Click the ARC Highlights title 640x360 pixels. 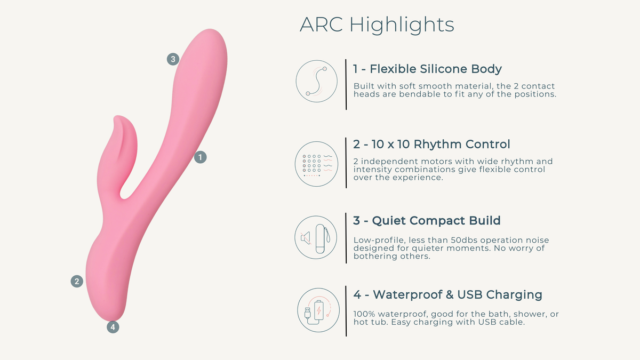click(x=377, y=25)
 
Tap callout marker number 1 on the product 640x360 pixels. click(x=201, y=157)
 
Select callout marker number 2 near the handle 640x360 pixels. click(x=77, y=282)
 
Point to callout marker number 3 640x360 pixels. click(x=173, y=59)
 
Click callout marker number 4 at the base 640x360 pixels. click(x=113, y=327)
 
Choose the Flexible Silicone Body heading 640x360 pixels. click(x=427, y=69)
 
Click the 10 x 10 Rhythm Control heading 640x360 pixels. click(x=431, y=145)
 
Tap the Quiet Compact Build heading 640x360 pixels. click(x=427, y=221)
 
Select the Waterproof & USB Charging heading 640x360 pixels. click(x=447, y=295)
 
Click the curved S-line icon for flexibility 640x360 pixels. click(x=317, y=81)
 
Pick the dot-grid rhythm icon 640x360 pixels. click(x=317, y=164)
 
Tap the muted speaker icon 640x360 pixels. click(x=306, y=238)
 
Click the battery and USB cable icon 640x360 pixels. click(x=318, y=310)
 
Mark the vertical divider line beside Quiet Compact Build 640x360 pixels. click(x=346, y=238)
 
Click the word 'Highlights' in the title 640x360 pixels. click(x=402, y=25)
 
